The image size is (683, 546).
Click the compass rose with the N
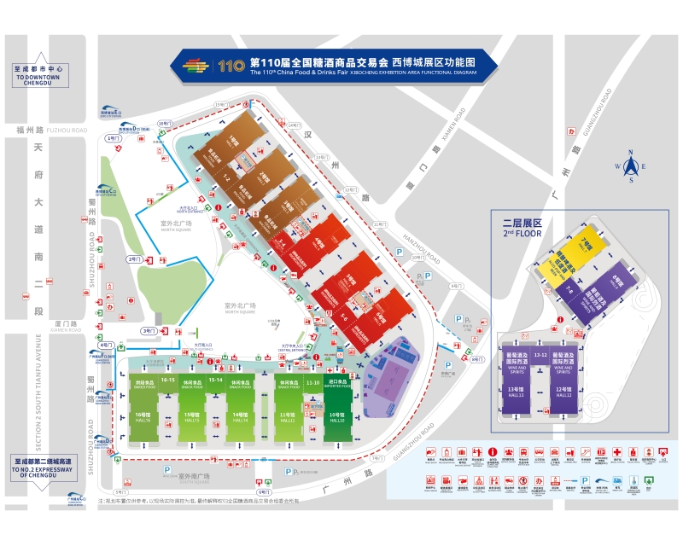[x=630, y=167]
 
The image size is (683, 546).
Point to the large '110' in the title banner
[x=231, y=66]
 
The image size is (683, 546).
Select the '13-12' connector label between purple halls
[x=540, y=354]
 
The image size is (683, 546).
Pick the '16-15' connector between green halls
[x=167, y=380]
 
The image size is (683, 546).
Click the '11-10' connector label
[x=312, y=383]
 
